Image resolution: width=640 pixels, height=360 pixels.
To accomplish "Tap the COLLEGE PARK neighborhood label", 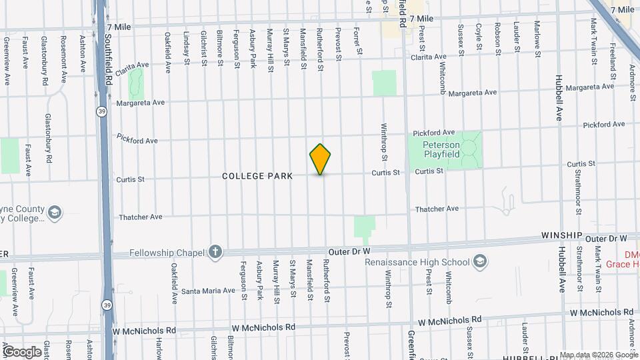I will [257, 176].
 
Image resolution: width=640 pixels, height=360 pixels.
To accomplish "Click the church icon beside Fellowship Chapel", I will [215, 251].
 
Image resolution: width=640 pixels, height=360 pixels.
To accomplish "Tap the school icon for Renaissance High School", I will [479, 262].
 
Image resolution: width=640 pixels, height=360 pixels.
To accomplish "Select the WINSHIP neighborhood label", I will [562, 237].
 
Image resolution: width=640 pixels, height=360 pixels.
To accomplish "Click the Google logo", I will [21, 351].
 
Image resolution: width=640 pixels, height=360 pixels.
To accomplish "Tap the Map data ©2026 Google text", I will [598, 355].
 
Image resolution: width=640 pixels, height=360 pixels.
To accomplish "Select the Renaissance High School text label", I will [417, 262].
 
